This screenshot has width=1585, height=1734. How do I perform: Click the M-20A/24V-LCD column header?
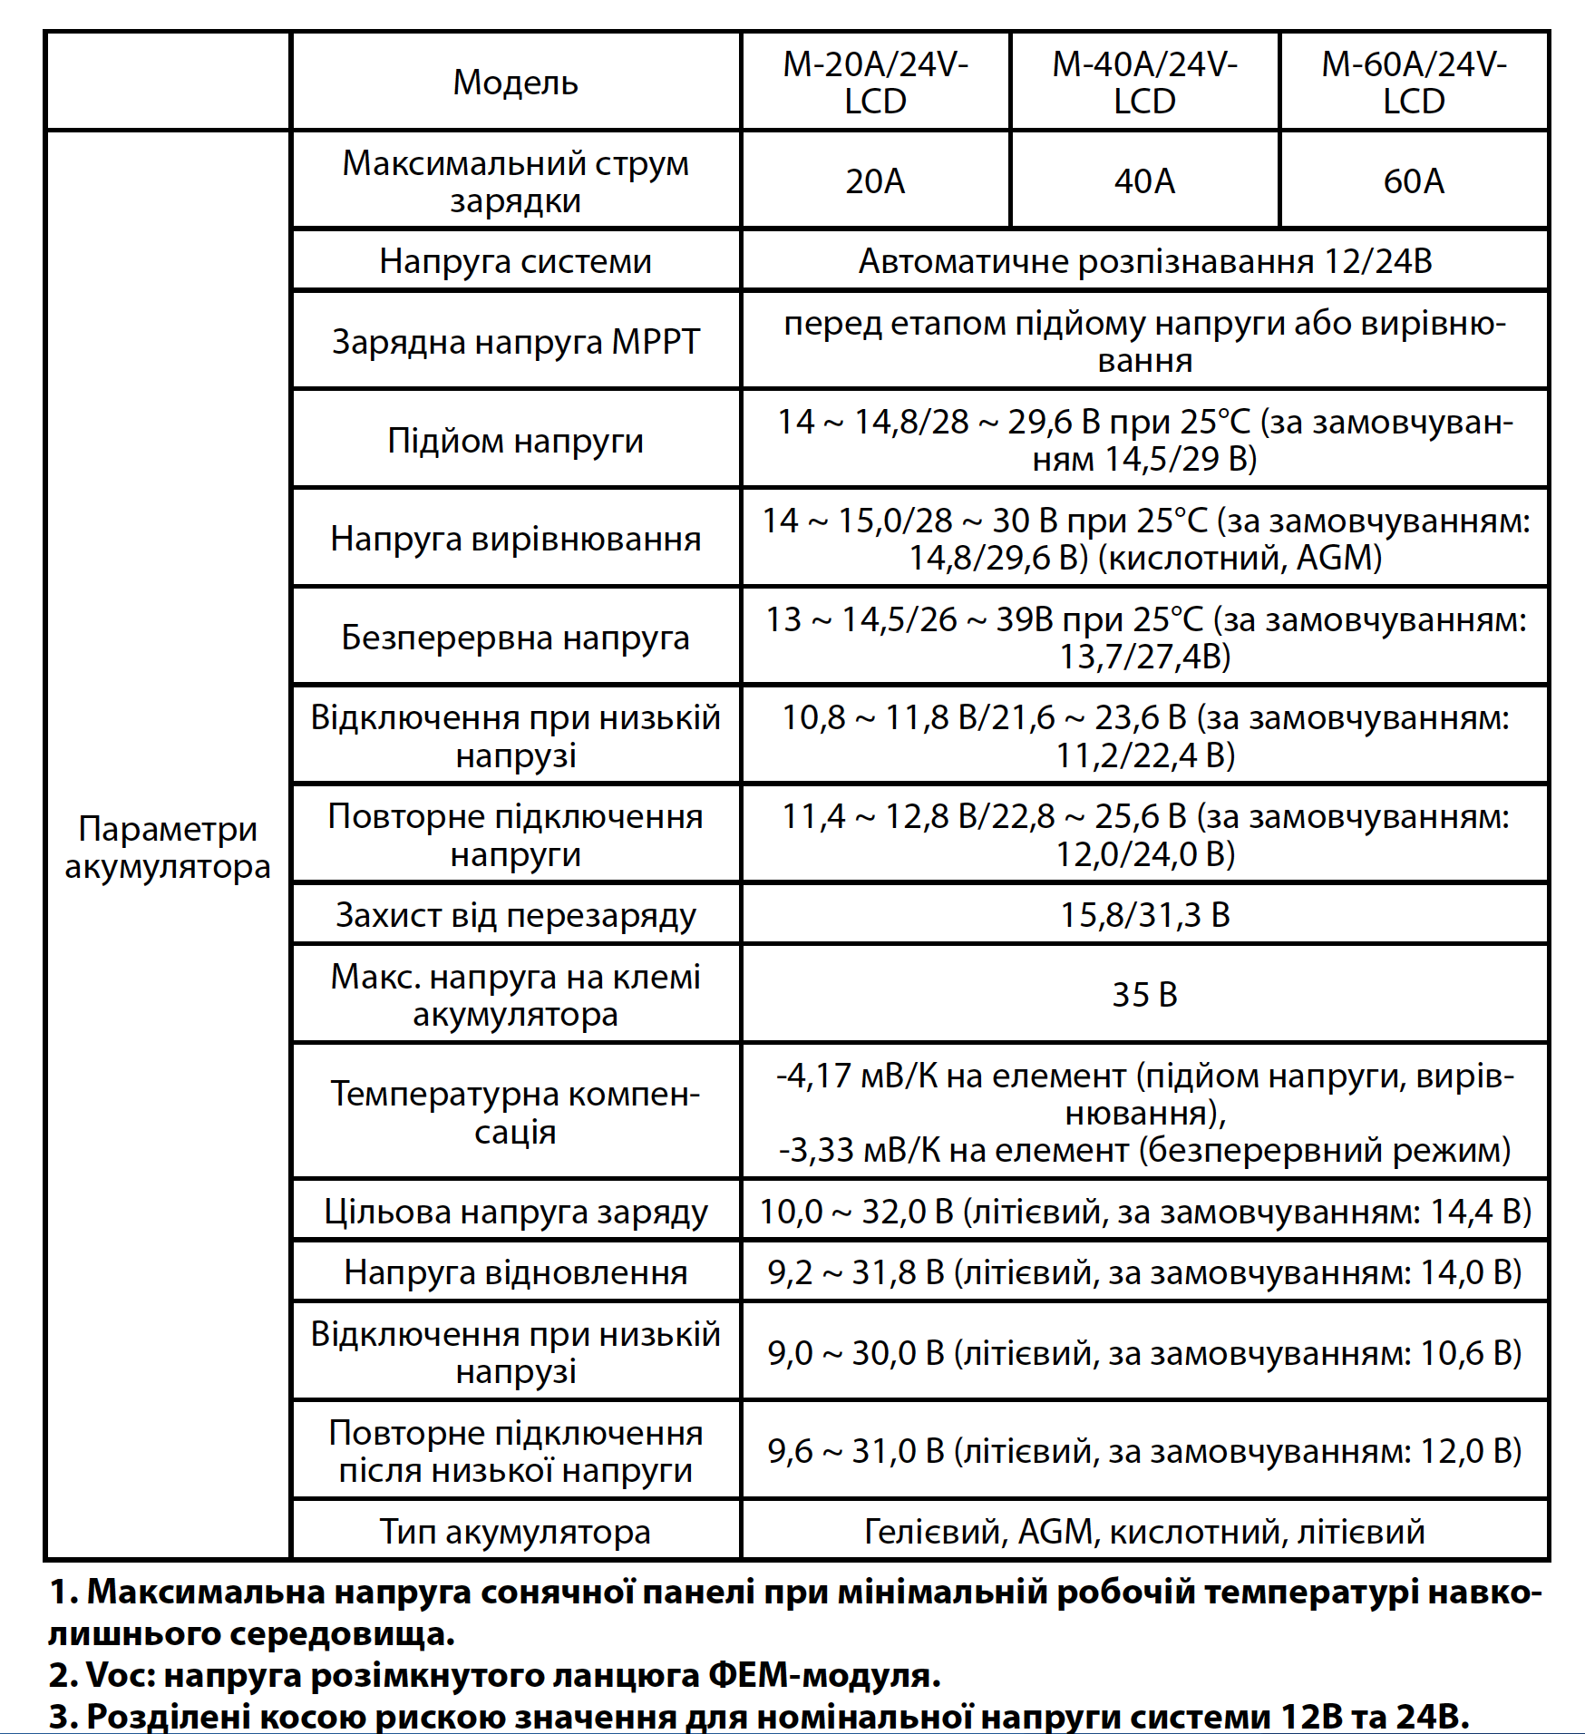pos(875,82)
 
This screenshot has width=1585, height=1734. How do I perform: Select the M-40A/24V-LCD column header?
pos(1144,82)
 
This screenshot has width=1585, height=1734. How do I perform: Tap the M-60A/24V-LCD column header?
pos(1413,82)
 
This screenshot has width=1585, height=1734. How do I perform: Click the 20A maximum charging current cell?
pos(875,180)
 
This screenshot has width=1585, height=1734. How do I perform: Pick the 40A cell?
pos(1144,180)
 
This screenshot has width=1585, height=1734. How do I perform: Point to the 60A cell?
pos(1413,180)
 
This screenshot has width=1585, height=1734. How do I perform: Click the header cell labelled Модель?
pos(515,82)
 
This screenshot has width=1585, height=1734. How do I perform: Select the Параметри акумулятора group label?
pos(168,847)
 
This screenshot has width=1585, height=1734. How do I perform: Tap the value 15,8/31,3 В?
pos(1144,914)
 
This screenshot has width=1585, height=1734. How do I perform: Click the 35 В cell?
pos(1144,994)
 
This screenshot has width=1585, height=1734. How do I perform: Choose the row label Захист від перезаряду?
pos(515,914)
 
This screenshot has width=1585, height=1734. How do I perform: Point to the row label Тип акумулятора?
pos(515,1531)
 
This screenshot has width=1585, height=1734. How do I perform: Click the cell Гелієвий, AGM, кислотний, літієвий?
pos(1144,1531)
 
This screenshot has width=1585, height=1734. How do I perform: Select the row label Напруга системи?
pos(515,261)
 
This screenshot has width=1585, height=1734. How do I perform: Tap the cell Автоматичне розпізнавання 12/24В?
pos(1144,261)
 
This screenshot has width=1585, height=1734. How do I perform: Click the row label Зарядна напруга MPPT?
pos(515,342)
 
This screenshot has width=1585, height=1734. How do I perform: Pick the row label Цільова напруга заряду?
pos(515,1211)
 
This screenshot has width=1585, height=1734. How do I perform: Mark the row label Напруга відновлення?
pos(515,1272)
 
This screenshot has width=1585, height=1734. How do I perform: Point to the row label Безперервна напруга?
pos(515,638)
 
